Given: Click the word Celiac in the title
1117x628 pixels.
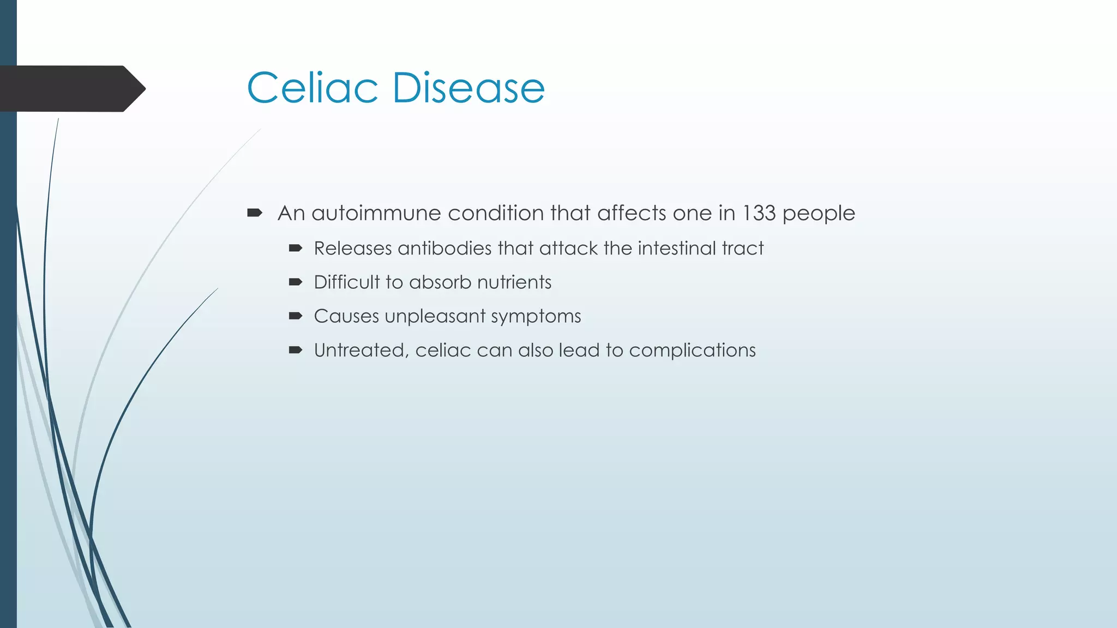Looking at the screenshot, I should click(313, 88).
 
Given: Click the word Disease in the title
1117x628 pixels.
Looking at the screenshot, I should click(468, 88).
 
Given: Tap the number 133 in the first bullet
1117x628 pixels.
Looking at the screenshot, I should click(759, 213).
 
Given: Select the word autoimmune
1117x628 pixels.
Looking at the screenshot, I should click(376, 213).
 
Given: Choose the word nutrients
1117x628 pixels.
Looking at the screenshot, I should click(514, 282).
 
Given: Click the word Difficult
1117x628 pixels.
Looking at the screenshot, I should click(346, 282).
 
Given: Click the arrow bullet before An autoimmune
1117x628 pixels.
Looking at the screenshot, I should click(255, 213).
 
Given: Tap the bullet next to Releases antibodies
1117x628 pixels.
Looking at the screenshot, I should click(295, 249).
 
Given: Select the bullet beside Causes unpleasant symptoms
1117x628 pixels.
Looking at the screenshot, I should click(295, 316).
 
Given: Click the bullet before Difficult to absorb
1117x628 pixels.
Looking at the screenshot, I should click(295, 282).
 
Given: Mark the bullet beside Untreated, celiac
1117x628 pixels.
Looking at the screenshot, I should click(295, 350).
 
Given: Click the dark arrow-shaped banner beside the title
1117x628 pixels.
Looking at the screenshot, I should click(71, 89).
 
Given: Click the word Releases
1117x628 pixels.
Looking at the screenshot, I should click(353, 249).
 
